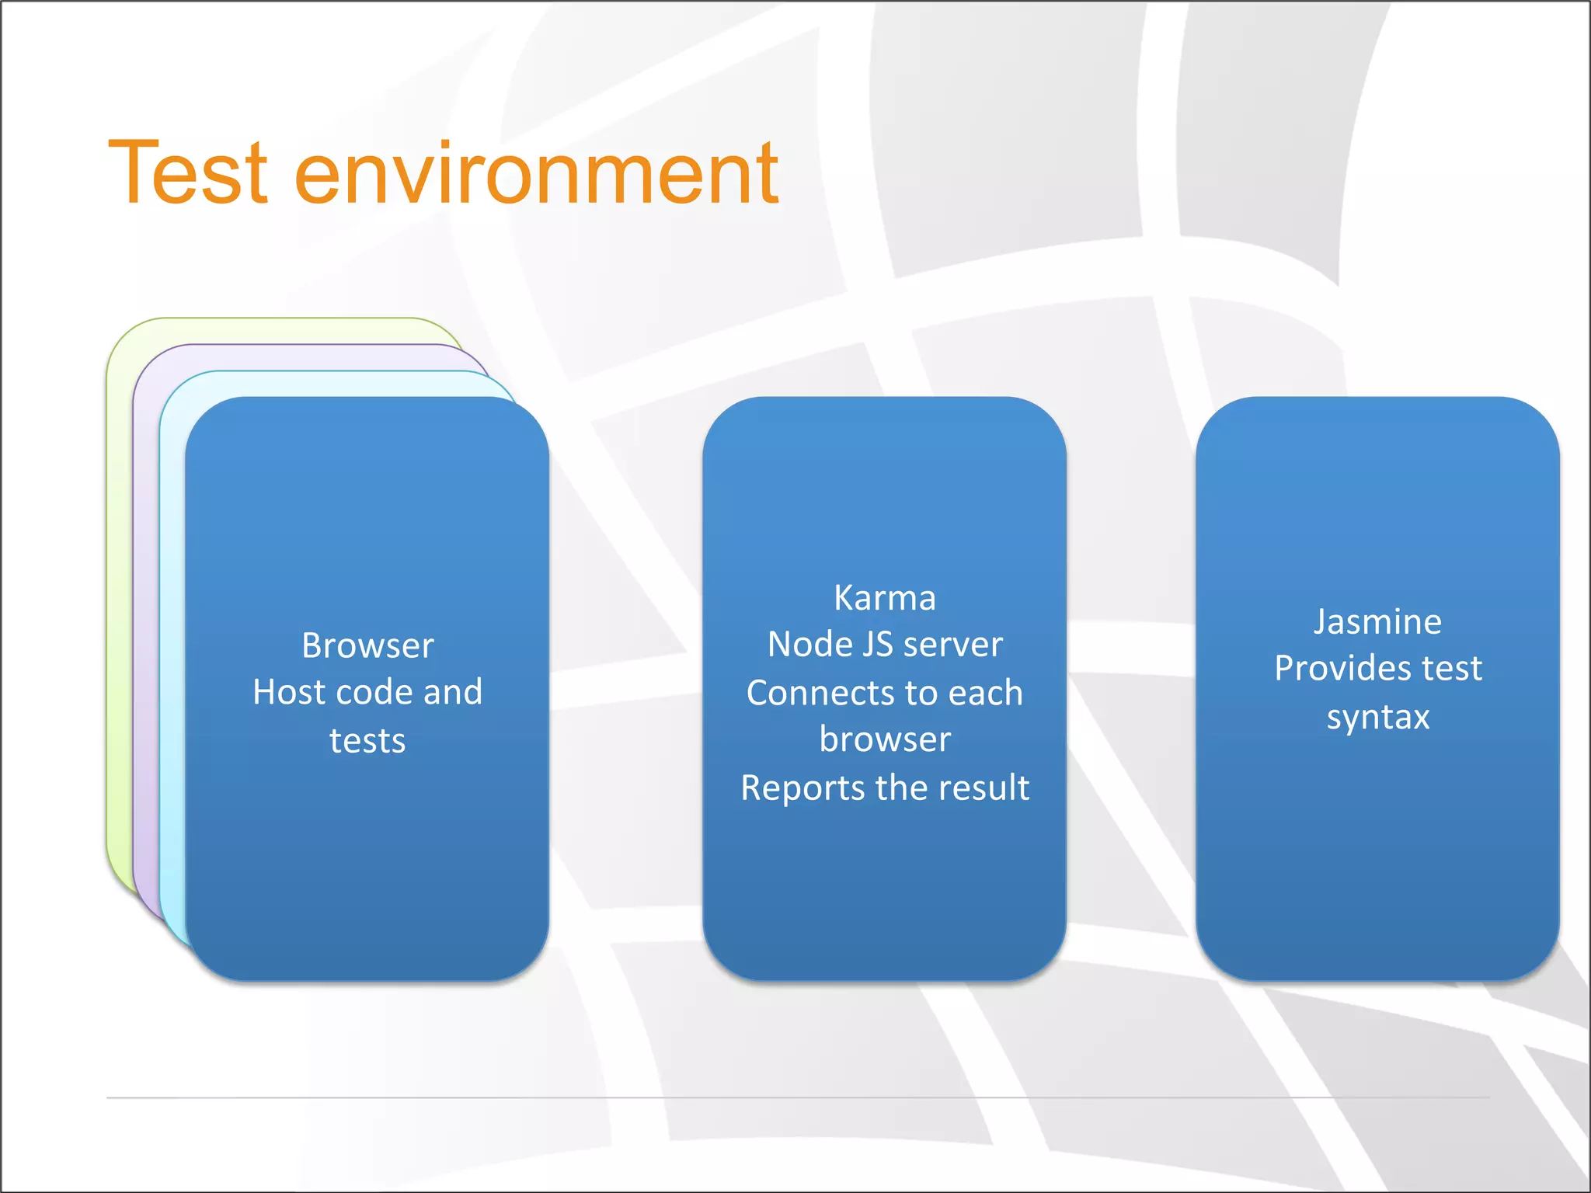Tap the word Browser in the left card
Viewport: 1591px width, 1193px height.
click(x=367, y=645)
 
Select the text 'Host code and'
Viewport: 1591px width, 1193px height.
click(x=367, y=692)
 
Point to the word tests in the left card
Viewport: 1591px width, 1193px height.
click(x=367, y=741)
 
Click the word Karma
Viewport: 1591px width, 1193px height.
click(x=884, y=598)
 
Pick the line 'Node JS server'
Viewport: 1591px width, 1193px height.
click(x=884, y=645)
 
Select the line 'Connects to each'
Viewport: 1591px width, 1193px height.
click(x=884, y=693)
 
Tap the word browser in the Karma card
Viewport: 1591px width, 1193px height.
click(x=884, y=739)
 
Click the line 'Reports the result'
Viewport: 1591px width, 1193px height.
click(x=884, y=788)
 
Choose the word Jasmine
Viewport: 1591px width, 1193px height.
click(x=1377, y=622)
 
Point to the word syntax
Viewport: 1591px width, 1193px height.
click(x=1377, y=717)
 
